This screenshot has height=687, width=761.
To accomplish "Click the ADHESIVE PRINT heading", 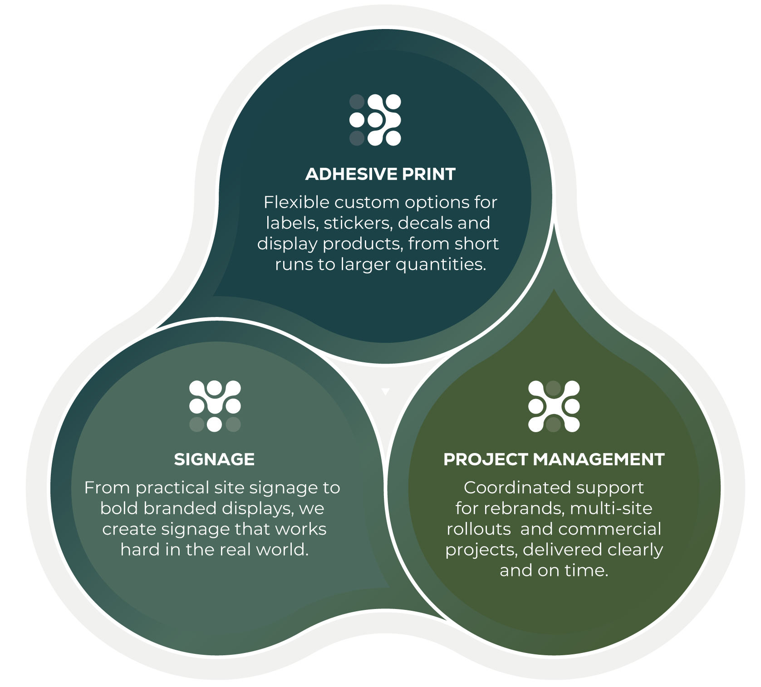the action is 380,174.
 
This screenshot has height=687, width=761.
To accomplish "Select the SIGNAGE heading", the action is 214,459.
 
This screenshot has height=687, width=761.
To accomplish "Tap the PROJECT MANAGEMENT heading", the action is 554,459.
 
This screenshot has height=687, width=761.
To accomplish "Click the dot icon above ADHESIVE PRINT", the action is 375,120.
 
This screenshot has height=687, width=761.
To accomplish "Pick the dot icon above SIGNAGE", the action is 215,406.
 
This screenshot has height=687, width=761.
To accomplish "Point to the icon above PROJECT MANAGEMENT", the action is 554,406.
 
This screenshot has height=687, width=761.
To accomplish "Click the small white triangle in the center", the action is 385,391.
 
